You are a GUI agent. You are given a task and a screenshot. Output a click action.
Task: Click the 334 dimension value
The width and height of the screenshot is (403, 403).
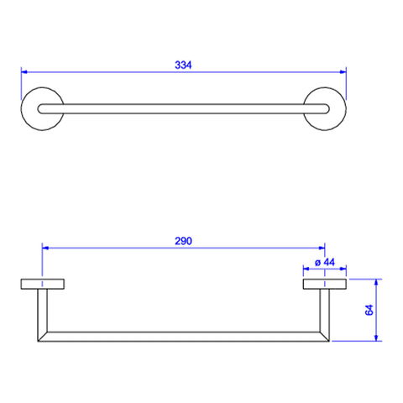(183, 65)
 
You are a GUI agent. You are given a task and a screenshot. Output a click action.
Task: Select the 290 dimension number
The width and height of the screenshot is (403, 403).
(183, 241)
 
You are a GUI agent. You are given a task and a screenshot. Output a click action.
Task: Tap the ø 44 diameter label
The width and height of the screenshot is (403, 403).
(325, 262)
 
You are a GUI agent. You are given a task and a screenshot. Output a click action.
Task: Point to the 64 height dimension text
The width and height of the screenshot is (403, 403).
(369, 310)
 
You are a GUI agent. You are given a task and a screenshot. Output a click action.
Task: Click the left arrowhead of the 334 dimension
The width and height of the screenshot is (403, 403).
(24, 72)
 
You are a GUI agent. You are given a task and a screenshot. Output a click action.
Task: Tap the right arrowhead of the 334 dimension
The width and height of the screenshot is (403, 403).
(343, 72)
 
